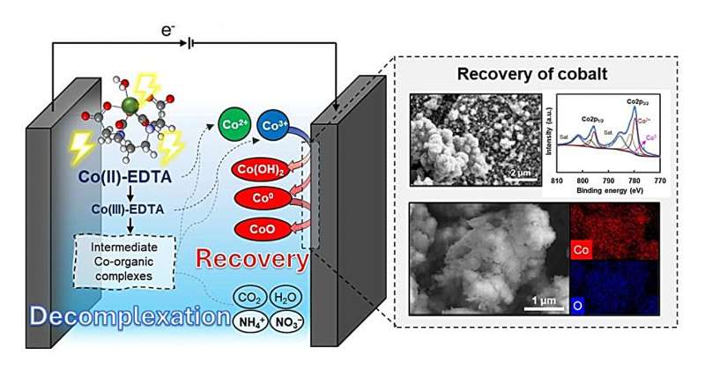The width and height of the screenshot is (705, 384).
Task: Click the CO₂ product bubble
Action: tap(249, 295)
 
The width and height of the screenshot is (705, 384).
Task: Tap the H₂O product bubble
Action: tap(288, 295)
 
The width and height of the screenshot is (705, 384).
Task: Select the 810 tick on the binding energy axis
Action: tap(556, 178)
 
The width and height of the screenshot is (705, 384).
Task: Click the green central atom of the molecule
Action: tap(130, 106)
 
